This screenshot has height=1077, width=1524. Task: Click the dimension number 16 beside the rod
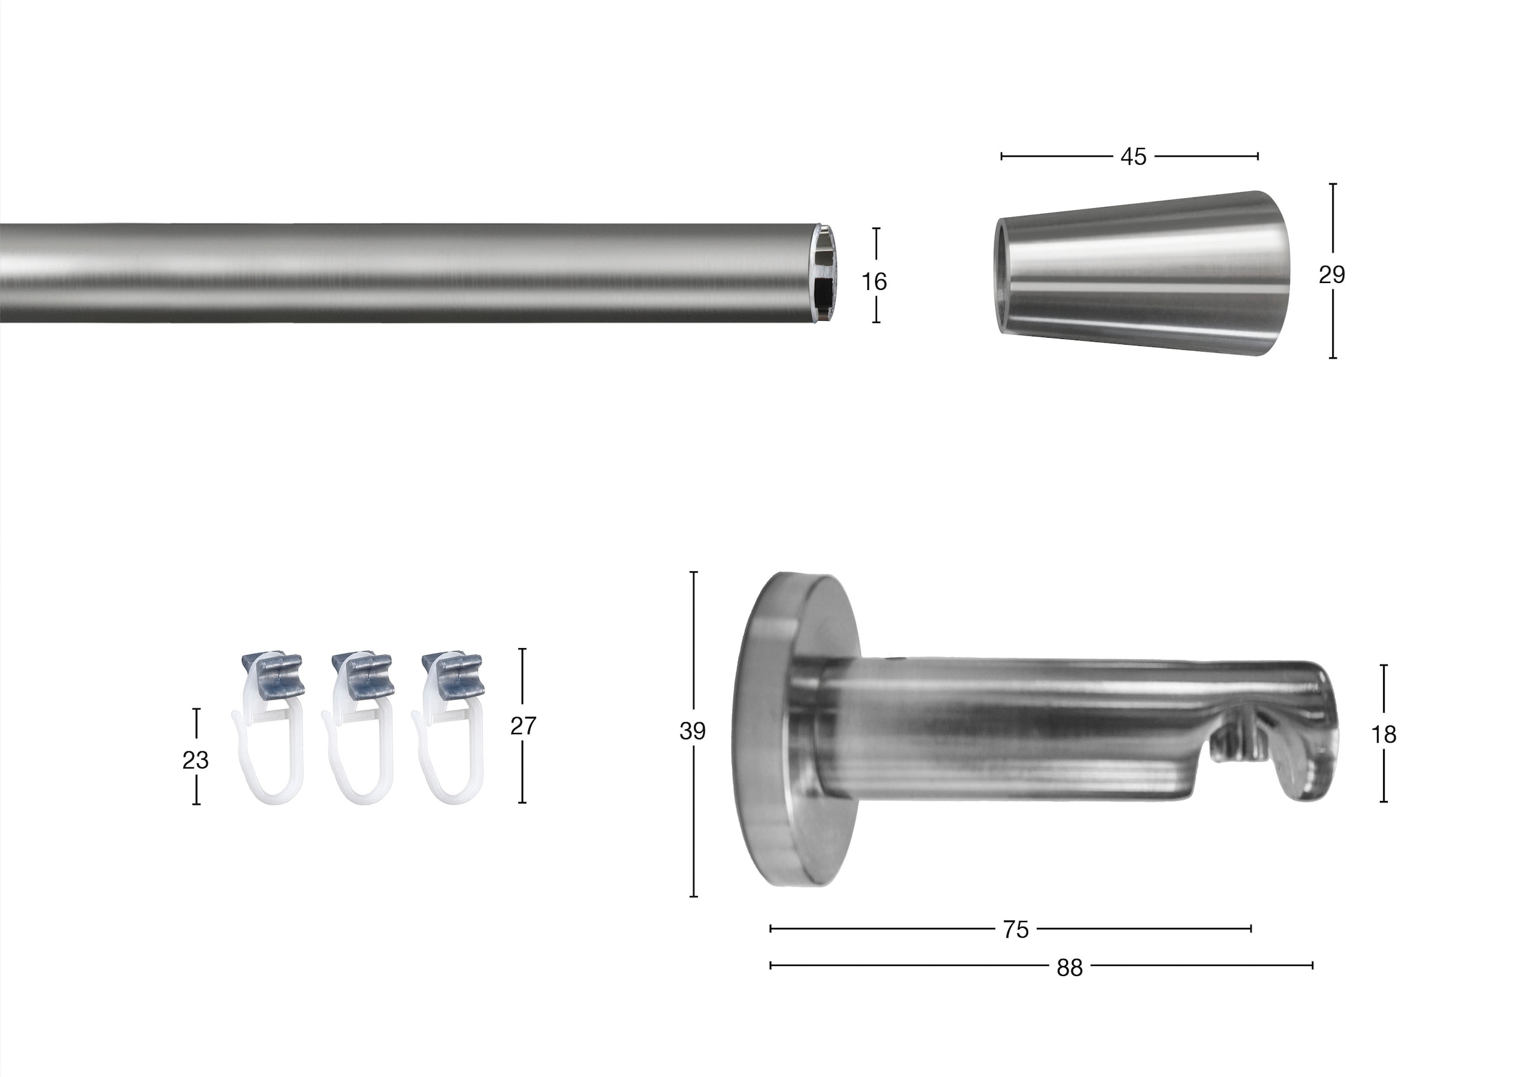tap(874, 282)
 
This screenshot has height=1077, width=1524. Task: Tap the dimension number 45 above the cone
tap(1133, 157)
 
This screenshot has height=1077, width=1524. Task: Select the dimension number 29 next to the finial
tap(1332, 274)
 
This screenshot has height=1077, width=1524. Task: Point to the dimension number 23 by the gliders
tap(195, 760)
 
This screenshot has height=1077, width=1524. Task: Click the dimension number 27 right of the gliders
tap(523, 726)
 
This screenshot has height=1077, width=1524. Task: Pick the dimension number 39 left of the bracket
tap(692, 730)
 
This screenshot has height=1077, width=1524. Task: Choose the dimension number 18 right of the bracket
tap(1384, 734)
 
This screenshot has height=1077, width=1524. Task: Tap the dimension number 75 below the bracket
tap(1015, 930)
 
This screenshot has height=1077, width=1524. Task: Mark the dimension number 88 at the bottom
tap(1069, 968)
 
